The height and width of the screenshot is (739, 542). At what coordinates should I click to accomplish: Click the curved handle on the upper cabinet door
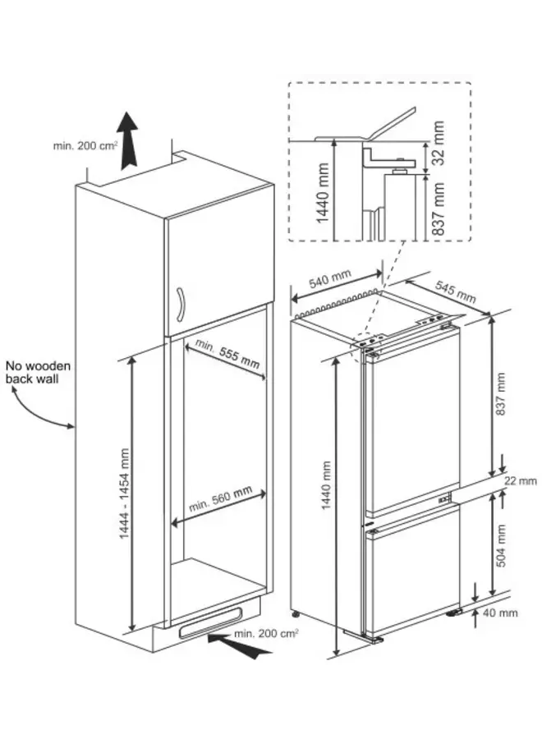181,305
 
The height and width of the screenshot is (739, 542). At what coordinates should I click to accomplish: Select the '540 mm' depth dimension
330,284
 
